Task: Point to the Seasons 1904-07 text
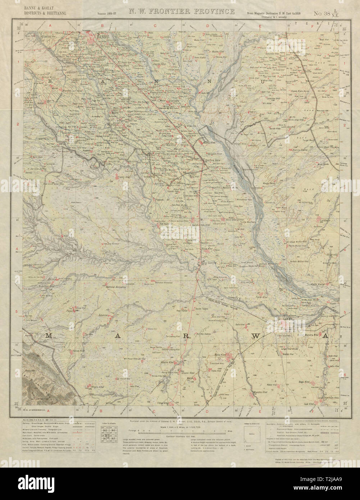107,14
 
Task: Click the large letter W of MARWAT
256,336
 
